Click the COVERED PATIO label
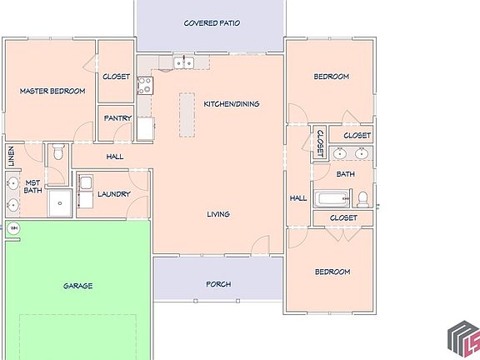[x=212, y=23]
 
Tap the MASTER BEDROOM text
[x=52, y=92]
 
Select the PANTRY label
[x=117, y=118]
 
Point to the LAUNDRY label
[x=113, y=194]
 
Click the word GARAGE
[x=77, y=286]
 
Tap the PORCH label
[x=218, y=284]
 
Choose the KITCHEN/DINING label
[x=232, y=104]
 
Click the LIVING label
[x=218, y=214]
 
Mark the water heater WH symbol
[x=13, y=227]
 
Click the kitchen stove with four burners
[x=145, y=84]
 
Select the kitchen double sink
[x=182, y=63]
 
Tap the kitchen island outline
[x=186, y=115]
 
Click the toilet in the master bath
[x=57, y=153]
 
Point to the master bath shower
[x=58, y=202]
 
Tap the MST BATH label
[x=32, y=187]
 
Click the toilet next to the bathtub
[x=362, y=199]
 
